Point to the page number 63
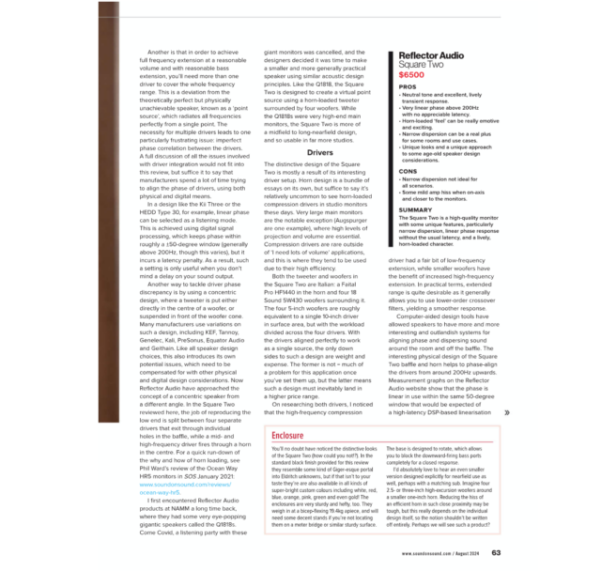click(495, 552)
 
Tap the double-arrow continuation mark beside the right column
click(507, 411)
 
